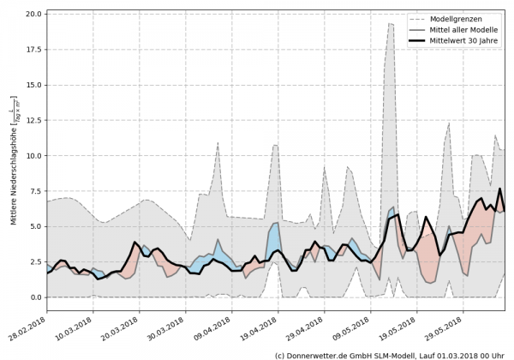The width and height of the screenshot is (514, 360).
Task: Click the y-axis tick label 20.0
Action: tap(32, 15)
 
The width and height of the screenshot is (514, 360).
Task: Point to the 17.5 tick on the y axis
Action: tap(32, 50)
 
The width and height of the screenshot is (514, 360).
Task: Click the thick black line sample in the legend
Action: tap(421, 40)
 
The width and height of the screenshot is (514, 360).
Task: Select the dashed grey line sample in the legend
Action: tap(421, 18)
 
